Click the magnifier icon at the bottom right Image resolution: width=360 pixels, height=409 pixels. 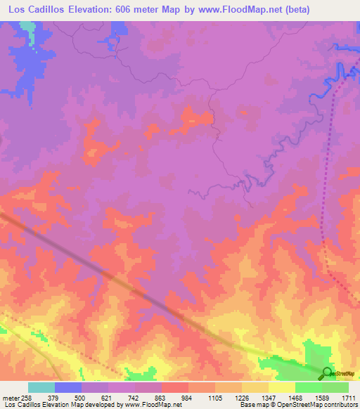coord(327,373)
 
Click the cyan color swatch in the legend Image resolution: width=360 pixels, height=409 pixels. coord(41,387)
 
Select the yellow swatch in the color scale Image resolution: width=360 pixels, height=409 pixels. coord(281,387)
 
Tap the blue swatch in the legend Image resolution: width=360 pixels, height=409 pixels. coord(68,387)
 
